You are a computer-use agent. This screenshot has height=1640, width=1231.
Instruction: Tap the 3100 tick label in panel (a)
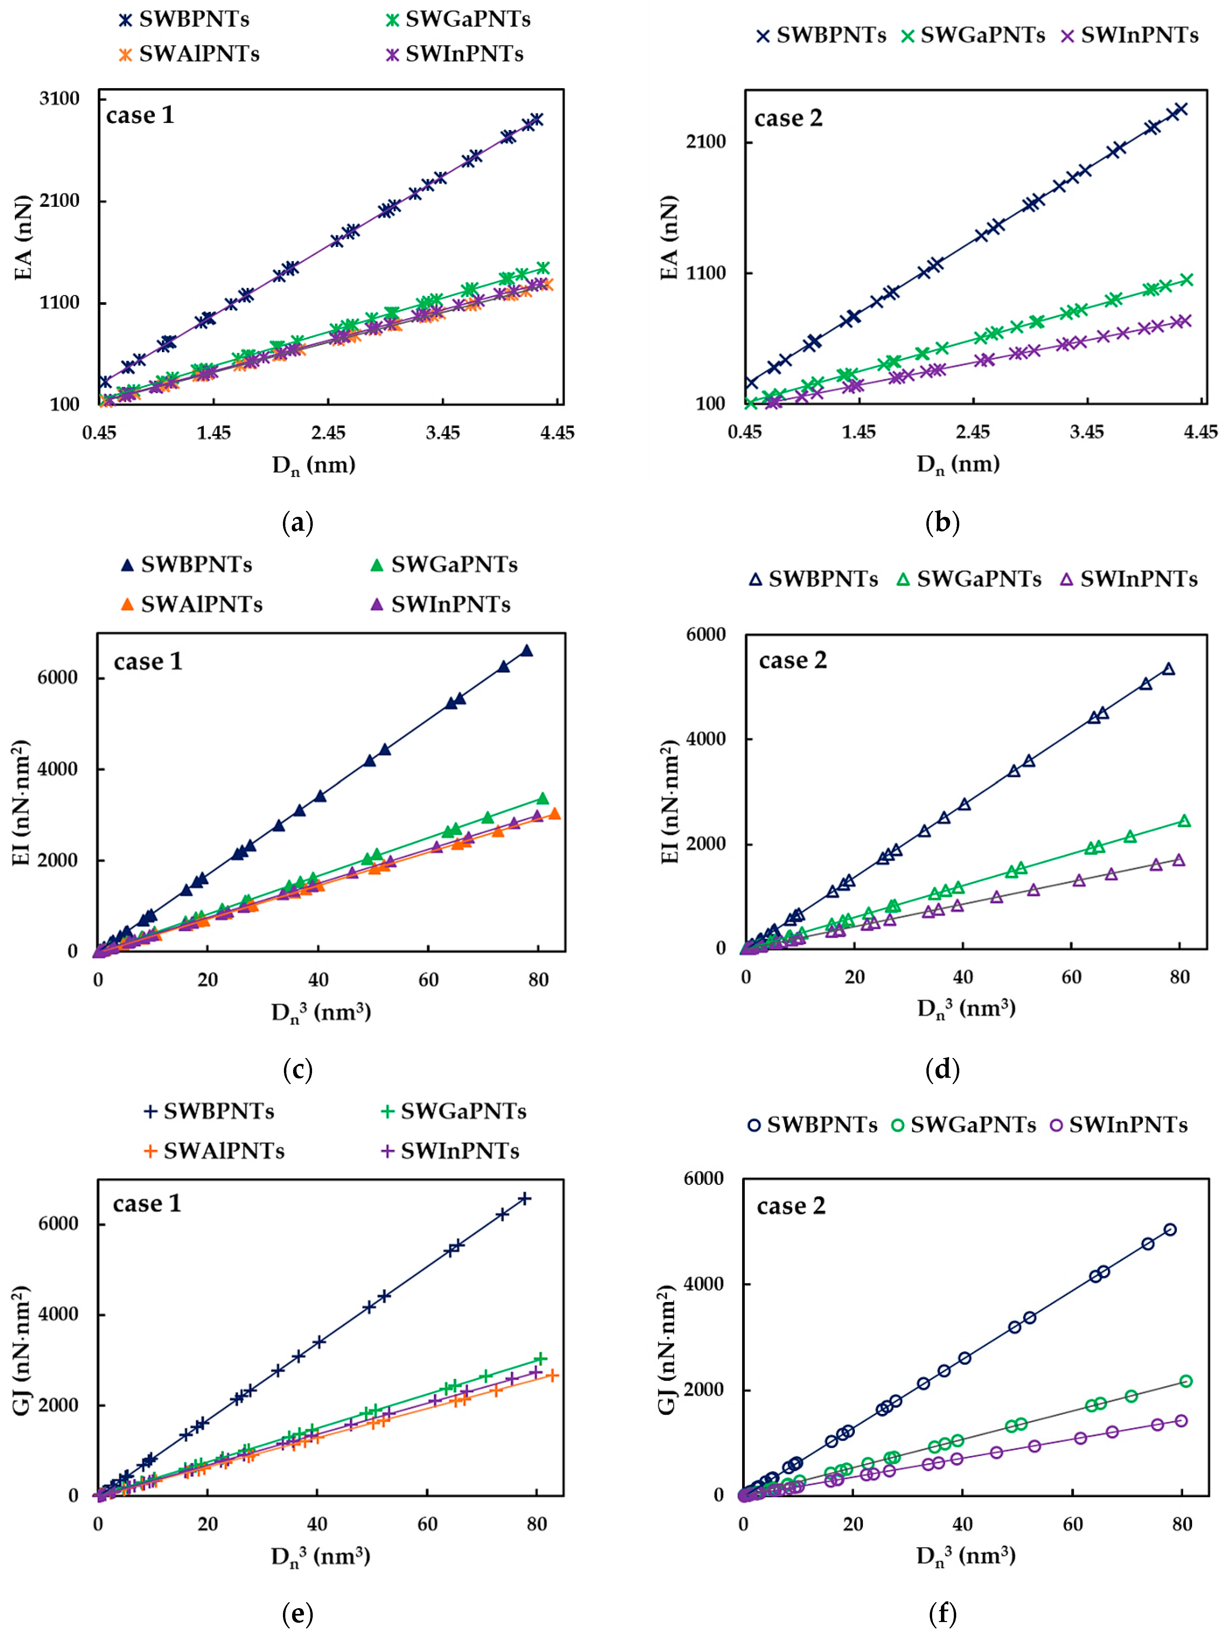[59, 99]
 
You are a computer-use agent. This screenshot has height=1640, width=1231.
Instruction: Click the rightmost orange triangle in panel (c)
[554, 813]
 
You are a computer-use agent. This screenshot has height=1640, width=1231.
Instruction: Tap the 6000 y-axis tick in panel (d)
[705, 635]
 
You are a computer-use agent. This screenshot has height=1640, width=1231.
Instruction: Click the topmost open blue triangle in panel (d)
[1168, 669]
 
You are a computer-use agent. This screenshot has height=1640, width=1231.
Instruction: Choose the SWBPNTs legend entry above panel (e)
[209, 1111]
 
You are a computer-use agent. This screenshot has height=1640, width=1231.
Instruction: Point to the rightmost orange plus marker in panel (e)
[551, 1375]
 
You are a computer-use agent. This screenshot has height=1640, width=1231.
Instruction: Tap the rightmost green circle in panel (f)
[1185, 1380]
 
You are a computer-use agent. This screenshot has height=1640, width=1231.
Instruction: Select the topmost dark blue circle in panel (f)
[1169, 1229]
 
